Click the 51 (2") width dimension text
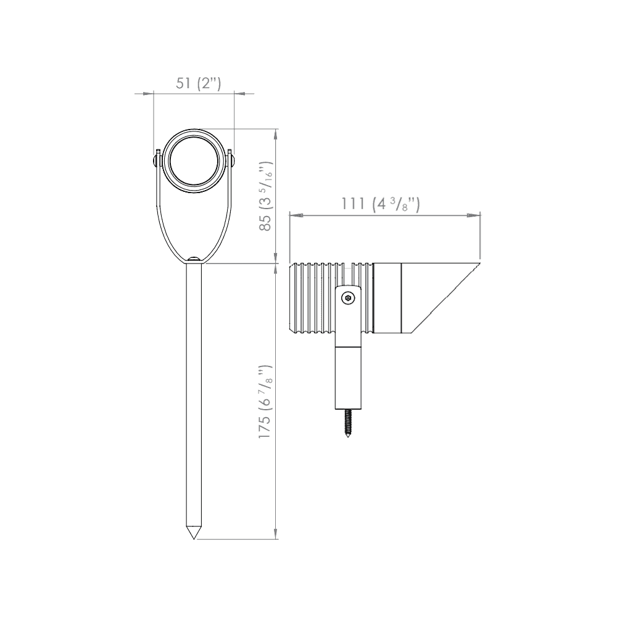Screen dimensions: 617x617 (x=198, y=84)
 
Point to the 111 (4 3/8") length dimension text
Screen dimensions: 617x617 (x=381, y=205)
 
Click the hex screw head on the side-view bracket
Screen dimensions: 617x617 (x=350, y=298)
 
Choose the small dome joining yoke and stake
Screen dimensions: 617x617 (x=194, y=260)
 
